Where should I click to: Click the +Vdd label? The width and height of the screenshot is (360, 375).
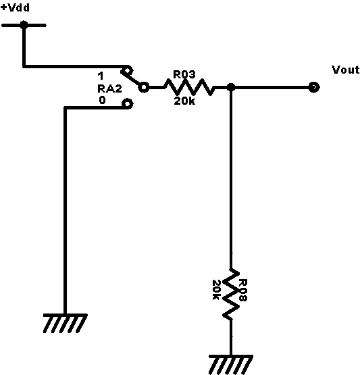click(x=16, y=7)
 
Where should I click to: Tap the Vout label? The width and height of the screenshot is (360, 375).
click(x=346, y=70)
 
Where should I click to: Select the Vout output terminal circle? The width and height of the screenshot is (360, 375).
click(x=314, y=87)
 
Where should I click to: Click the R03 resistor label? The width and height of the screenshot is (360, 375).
click(x=184, y=74)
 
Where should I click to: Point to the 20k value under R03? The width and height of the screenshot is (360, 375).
click(x=184, y=101)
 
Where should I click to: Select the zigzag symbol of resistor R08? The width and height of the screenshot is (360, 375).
click(x=231, y=294)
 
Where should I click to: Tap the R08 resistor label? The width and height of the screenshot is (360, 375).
click(x=243, y=290)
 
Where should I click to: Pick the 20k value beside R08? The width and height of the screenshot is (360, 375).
click(x=216, y=290)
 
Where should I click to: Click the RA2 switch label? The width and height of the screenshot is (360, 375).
click(x=109, y=89)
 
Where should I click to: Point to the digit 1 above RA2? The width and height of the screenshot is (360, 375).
click(x=101, y=76)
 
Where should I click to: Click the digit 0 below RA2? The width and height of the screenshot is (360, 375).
click(x=102, y=100)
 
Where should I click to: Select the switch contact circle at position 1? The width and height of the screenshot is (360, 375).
click(x=127, y=71)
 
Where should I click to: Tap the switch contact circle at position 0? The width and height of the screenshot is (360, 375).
click(x=127, y=104)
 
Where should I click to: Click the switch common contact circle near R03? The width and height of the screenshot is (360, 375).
click(x=144, y=87)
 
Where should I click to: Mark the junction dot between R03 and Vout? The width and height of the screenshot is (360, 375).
click(x=231, y=87)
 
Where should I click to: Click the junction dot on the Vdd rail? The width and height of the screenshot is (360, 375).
click(x=24, y=25)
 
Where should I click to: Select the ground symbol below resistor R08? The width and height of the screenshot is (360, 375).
click(x=231, y=365)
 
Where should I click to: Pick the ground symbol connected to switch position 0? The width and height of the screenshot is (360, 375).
click(x=65, y=324)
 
